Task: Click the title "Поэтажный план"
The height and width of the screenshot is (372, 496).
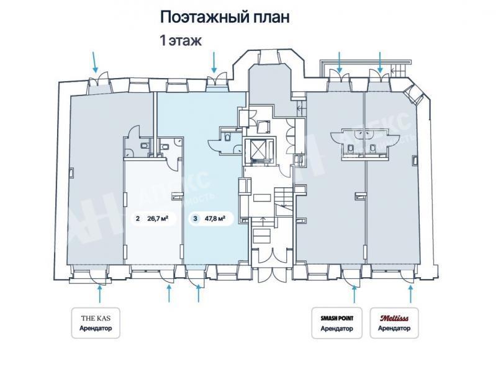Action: click(225, 17)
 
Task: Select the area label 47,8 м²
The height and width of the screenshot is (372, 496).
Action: click(214, 218)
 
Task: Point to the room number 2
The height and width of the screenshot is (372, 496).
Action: click(137, 218)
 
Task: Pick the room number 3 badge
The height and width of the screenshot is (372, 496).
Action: click(196, 218)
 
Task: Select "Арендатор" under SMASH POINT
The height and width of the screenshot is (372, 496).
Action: click(336, 329)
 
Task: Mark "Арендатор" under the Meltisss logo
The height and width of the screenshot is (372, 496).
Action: click(394, 329)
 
